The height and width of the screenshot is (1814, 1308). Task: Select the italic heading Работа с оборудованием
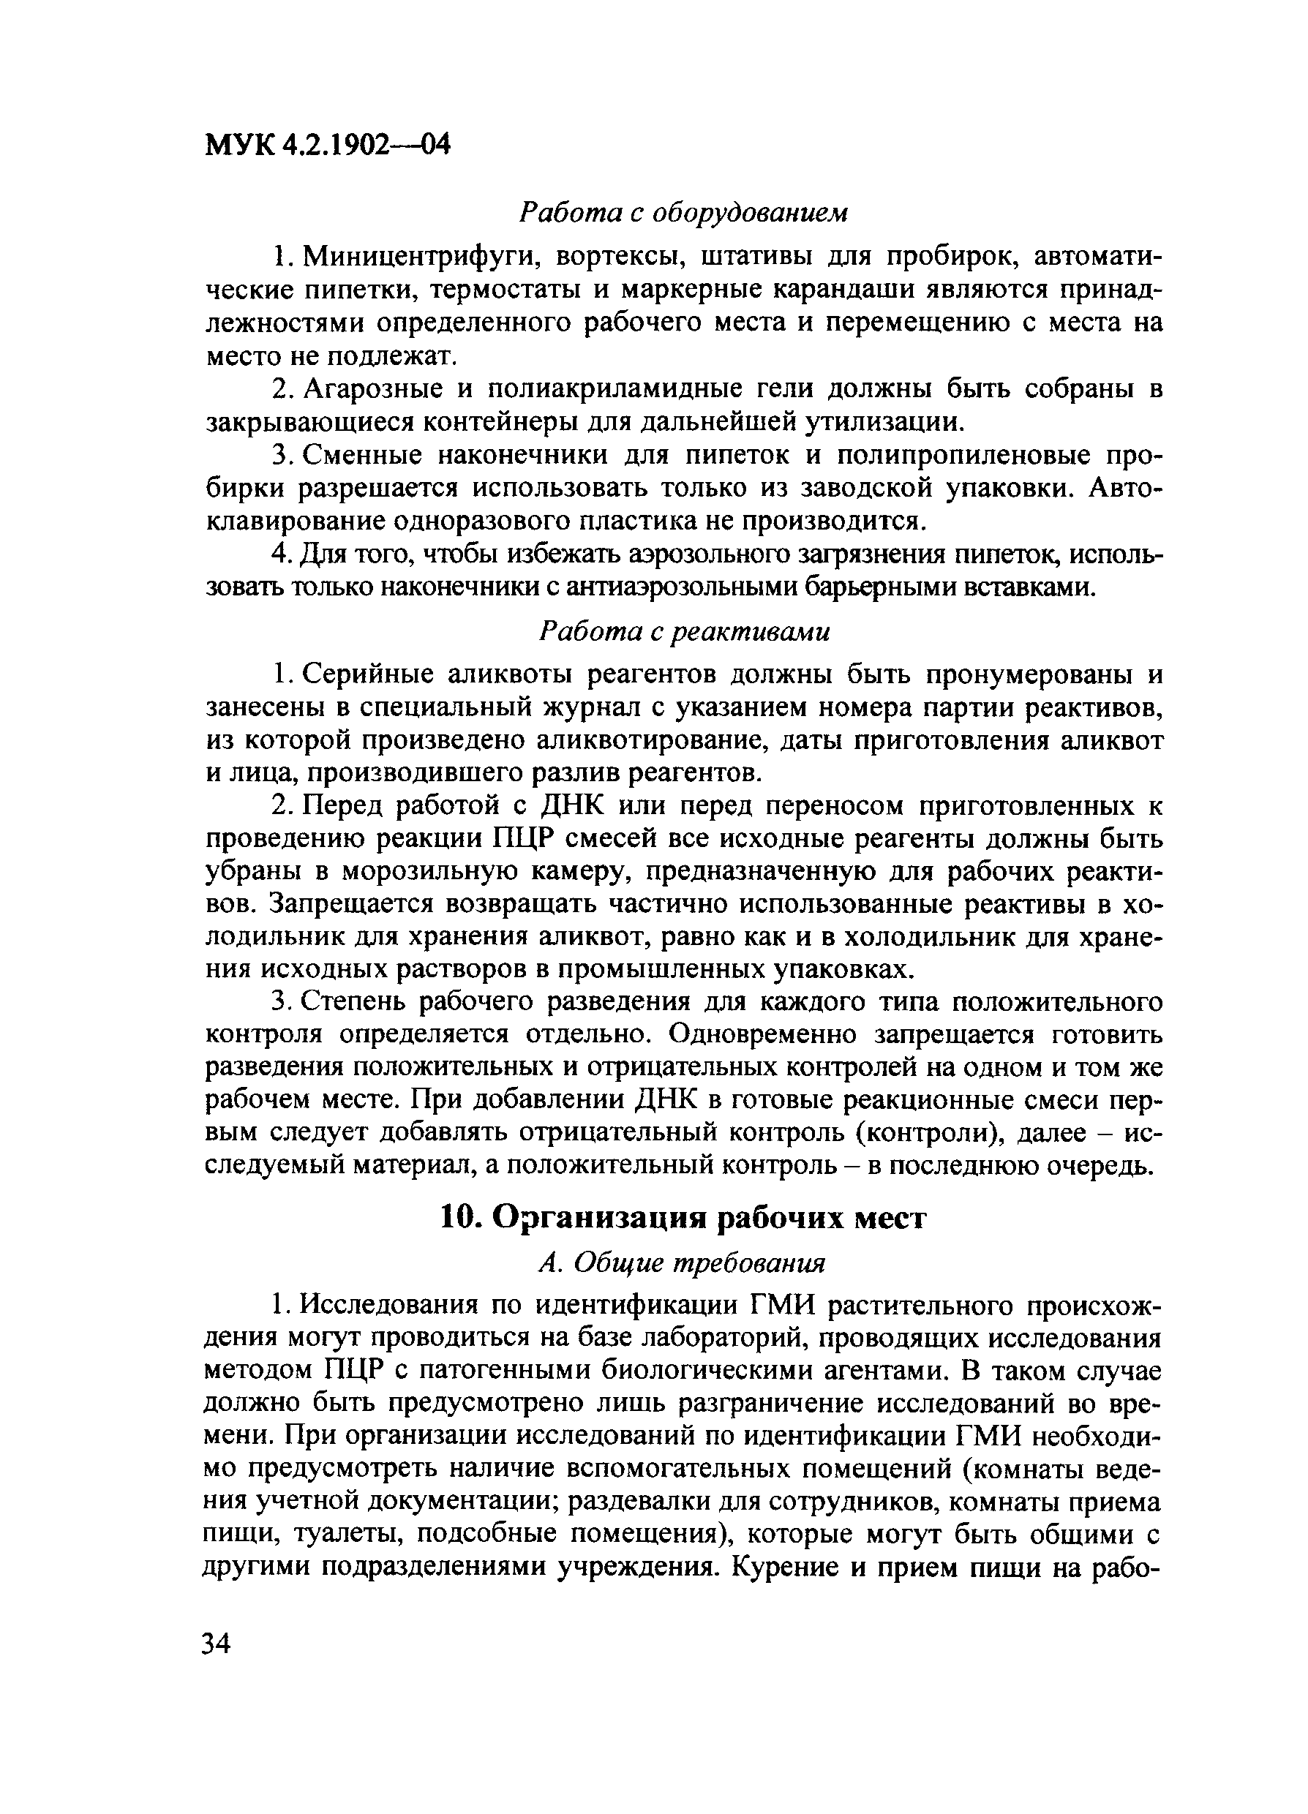point(683,212)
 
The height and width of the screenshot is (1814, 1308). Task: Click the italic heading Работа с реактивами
point(684,632)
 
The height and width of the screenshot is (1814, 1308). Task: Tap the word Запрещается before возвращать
point(350,904)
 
